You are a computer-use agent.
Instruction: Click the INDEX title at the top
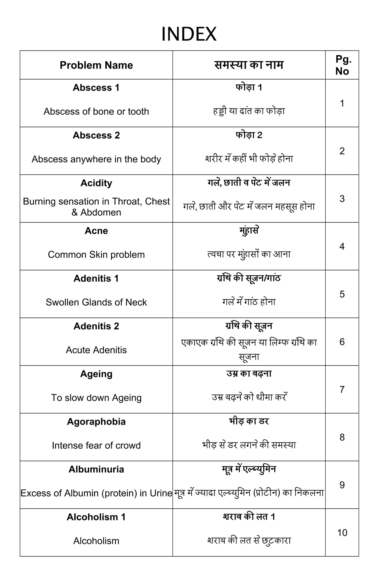point(189,34)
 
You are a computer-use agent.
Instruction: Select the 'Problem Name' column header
point(96,65)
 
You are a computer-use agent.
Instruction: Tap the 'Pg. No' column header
point(342,65)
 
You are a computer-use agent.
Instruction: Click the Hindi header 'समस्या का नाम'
point(249,65)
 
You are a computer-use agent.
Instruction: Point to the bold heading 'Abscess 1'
point(96,88)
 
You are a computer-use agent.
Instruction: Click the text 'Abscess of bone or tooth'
point(96,111)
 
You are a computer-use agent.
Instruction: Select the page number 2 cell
point(342,151)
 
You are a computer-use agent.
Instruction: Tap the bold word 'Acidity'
point(96,183)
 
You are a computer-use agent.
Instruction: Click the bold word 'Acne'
point(96,231)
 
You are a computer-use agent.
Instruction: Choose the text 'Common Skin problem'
point(96,254)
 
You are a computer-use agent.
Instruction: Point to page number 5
point(342,294)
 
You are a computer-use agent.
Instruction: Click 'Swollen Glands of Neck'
point(96,302)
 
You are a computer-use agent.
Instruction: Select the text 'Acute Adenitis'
point(96,350)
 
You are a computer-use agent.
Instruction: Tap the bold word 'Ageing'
point(96,374)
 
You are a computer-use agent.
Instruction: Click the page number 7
point(342,390)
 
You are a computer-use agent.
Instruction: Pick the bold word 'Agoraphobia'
point(96,422)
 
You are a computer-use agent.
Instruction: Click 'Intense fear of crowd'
point(96,445)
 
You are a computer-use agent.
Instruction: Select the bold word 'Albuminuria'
point(96,469)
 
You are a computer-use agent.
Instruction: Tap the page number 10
point(342,533)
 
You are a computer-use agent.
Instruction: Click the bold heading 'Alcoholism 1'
point(96,517)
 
